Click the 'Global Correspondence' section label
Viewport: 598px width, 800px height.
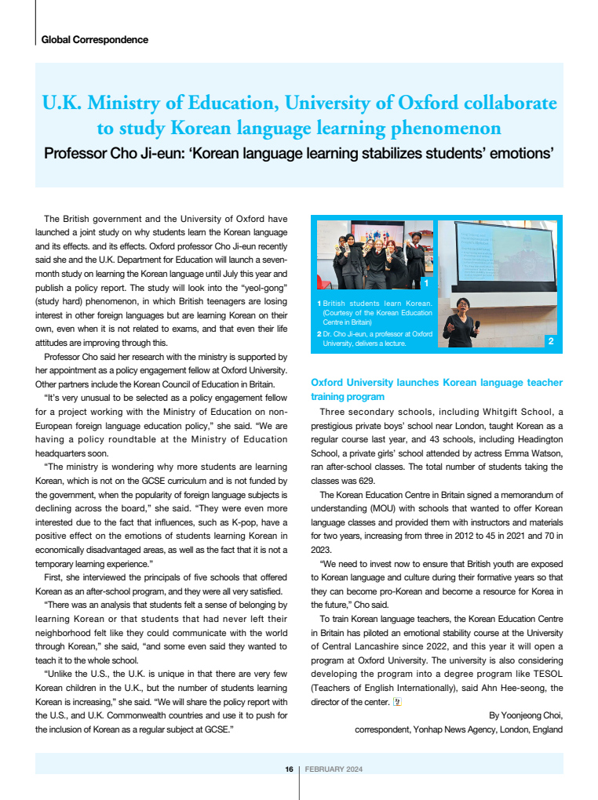point(94,39)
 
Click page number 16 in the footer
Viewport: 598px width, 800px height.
point(289,769)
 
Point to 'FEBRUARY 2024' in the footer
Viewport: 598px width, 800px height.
point(334,769)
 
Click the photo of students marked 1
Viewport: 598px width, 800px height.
point(373,255)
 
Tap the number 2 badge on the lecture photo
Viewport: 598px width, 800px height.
point(550,341)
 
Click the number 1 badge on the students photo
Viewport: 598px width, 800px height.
point(425,282)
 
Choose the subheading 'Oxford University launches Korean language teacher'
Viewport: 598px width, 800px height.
point(436,383)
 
